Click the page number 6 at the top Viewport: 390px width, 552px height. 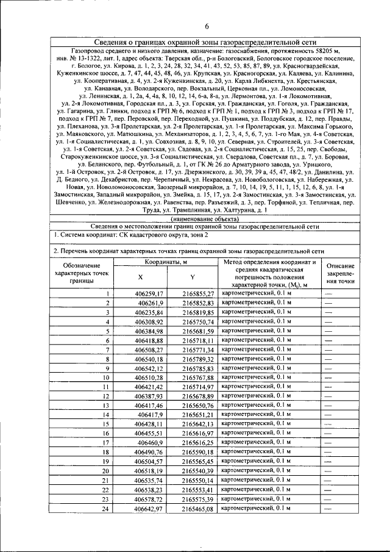tap(207, 26)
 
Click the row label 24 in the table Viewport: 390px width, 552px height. tap(106, 508)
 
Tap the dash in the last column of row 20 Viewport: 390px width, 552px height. tap(329, 471)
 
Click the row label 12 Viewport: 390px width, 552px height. tap(106, 396)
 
